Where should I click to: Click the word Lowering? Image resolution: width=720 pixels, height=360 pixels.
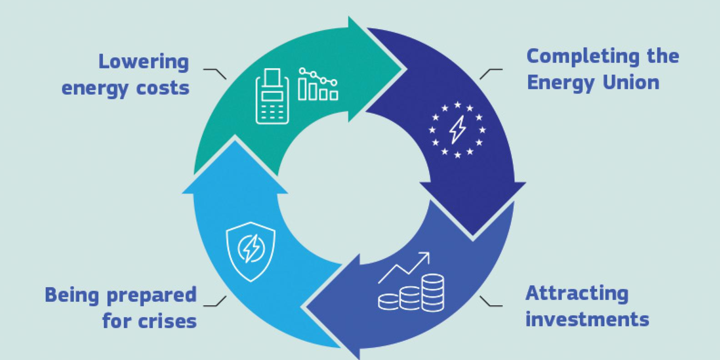pos(144,62)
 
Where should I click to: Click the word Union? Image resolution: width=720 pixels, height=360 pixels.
pos(631,82)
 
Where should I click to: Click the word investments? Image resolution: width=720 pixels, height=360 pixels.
pos(587,319)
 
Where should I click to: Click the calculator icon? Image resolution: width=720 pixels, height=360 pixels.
pos(272,96)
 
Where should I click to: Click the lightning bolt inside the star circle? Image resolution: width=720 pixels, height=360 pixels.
pos(458,130)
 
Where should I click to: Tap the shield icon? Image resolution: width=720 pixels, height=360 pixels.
pos(251,252)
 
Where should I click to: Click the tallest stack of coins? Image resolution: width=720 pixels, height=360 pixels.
pos(433,292)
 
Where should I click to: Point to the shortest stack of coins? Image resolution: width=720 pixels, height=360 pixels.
pos(389,302)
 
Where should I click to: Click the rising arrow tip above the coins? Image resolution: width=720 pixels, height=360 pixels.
pos(429,253)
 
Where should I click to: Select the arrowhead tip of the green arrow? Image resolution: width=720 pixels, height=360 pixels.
pos(402,69)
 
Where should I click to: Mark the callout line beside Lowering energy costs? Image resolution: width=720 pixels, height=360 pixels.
pos(215,74)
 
